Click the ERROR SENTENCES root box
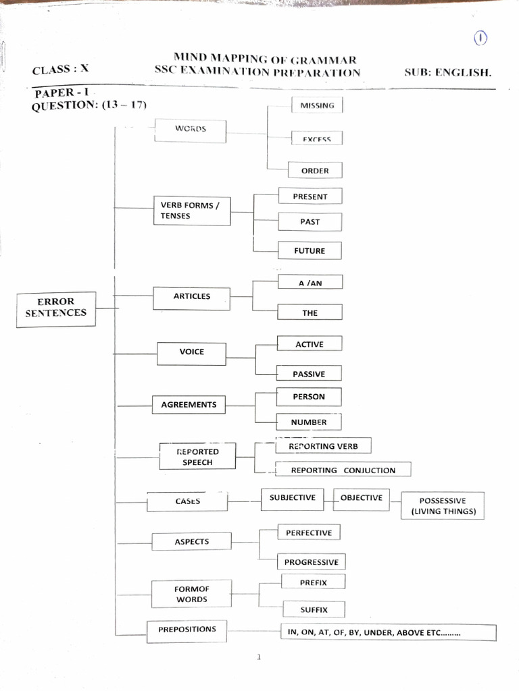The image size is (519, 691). pyautogui.click(x=56, y=308)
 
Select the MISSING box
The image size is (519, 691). pyautogui.click(x=317, y=105)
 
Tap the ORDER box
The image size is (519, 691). pyautogui.click(x=315, y=171)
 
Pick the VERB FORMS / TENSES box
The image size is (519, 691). pyautogui.click(x=192, y=211)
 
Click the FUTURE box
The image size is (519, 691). pyautogui.click(x=310, y=250)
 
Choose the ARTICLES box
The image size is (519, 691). pyautogui.click(x=192, y=297)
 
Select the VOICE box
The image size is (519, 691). pyautogui.click(x=192, y=352)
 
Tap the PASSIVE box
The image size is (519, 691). pyautogui.click(x=309, y=373)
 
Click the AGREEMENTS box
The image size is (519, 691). pyautogui.click(x=189, y=405)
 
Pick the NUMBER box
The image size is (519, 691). pyautogui.click(x=309, y=422)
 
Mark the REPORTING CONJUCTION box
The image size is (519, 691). pyautogui.click(x=343, y=470)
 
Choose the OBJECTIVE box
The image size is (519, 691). pyautogui.click(x=361, y=499)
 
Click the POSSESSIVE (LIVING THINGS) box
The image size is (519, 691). pyautogui.click(x=443, y=506)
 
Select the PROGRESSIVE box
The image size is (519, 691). pyautogui.click(x=311, y=561)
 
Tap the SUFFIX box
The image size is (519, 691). pyautogui.click(x=314, y=609)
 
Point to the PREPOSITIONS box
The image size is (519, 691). pyautogui.click(x=187, y=630)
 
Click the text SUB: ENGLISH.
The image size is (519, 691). pyautogui.click(x=448, y=72)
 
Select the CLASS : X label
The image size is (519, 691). pyautogui.click(x=60, y=68)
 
